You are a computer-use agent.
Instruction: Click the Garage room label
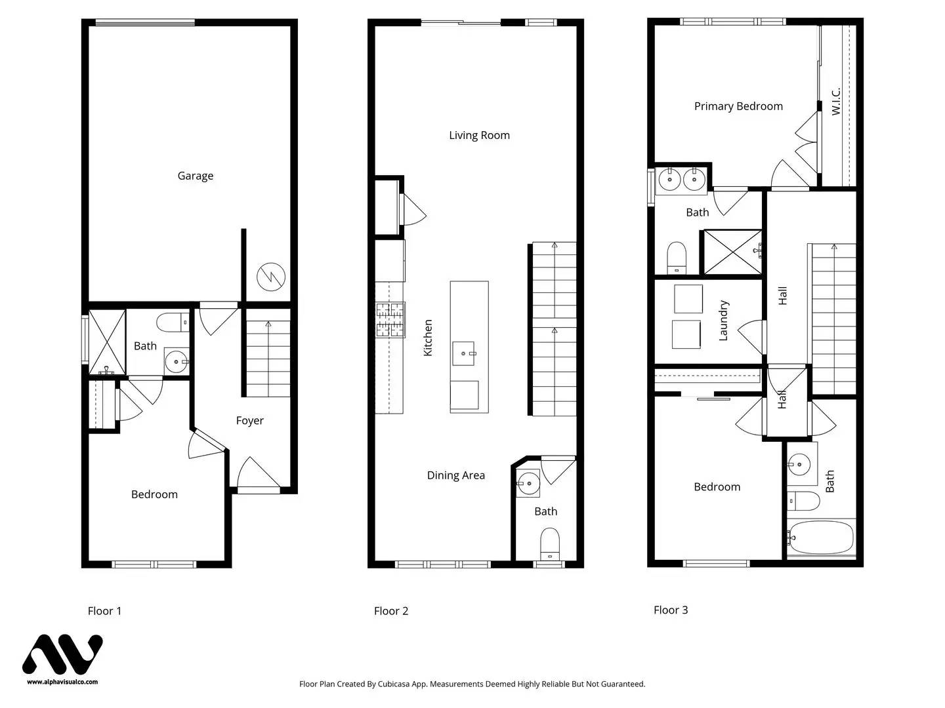pyautogui.click(x=196, y=176)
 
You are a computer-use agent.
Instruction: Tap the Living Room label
pyautogui.click(x=479, y=135)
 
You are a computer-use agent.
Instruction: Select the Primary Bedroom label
pyautogui.click(x=738, y=106)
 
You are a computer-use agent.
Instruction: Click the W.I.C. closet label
pyautogui.click(x=836, y=102)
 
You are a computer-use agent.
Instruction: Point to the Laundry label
pyautogui.click(x=723, y=321)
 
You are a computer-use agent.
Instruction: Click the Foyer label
pyautogui.click(x=249, y=421)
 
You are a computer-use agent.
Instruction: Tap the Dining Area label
pyautogui.click(x=455, y=475)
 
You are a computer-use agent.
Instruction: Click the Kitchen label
pyautogui.click(x=428, y=338)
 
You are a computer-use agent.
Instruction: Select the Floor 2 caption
pyautogui.click(x=391, y=611)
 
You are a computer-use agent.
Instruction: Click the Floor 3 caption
pyautogui.click(x=671, y=610)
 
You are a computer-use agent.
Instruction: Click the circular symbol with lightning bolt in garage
pyautogui.click(x=270, y=277)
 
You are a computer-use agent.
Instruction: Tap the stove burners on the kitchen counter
pyautogui.click(x=390, y=320)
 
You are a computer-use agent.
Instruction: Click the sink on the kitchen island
pyautogui.click(x=465, y=353)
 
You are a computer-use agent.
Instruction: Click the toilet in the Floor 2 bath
pyautogui.click(x=549, y=544)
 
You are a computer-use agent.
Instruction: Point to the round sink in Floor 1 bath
pyautogui.click(x=176, y=361)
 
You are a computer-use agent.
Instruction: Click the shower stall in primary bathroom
pyautogui.click(x=732, y=252)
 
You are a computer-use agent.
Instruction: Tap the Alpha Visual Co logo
pyautogui.click(x=62, y=654)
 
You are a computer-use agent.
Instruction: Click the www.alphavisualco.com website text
pyautogui.click(x=62, y=682)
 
